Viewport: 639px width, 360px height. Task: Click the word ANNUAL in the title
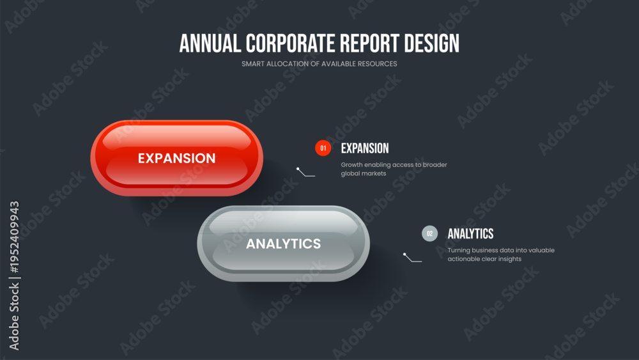210,43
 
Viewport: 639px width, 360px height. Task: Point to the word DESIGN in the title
431,43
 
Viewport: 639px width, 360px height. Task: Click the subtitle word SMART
252,64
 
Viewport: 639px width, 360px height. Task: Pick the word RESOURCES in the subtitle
377,64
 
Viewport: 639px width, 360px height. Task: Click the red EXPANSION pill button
176,158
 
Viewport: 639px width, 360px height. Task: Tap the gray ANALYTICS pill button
283,244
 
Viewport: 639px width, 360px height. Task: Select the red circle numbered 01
323,148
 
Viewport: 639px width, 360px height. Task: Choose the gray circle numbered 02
429,233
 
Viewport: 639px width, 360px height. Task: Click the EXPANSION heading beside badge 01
365,148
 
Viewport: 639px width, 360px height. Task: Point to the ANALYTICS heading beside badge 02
470,234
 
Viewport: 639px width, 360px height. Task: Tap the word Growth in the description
351,165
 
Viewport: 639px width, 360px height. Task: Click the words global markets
364,174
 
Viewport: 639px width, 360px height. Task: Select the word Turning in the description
459,250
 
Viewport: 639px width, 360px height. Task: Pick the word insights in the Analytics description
509,260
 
